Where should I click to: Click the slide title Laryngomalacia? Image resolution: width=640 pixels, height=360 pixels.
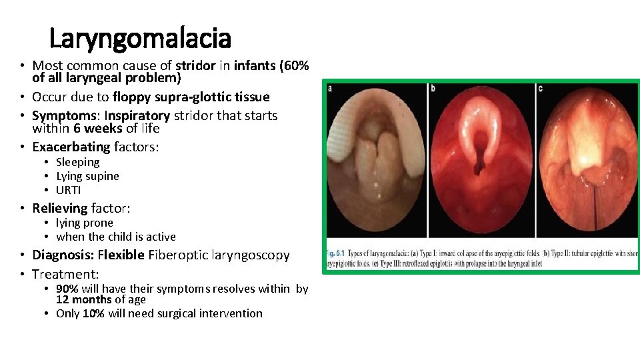pyautogui.click(x=140, y=38)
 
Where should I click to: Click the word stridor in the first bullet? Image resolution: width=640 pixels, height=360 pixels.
pyautogui.click(x=195, y=66)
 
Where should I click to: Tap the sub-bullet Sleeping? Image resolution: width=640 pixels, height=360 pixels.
pyautogui.click(x=77, y=162)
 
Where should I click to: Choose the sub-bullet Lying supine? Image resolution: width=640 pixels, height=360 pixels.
pyautogui.click(x=87, y=176)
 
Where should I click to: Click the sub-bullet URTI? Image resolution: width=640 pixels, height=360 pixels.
pyautogui.click(x=68, y=190)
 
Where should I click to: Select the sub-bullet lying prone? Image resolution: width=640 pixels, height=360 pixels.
pyautogui.click(x=85, y=223)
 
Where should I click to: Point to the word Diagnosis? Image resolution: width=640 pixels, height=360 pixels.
pyautogui.click(x=63, y=255)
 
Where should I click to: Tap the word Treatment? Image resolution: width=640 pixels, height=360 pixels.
pyautogui.click(x=65, y=274)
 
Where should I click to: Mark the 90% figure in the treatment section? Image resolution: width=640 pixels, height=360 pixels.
pyautogui.click(x=67, y=289)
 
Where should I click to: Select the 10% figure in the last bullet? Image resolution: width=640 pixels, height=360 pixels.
pyautogui.click(x=93, y=313)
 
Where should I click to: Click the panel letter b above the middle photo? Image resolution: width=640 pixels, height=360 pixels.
pyautogui.click(x=433, y=88)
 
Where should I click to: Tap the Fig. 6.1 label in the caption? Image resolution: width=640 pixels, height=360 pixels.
pyautogui.click(x=337, y=253)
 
